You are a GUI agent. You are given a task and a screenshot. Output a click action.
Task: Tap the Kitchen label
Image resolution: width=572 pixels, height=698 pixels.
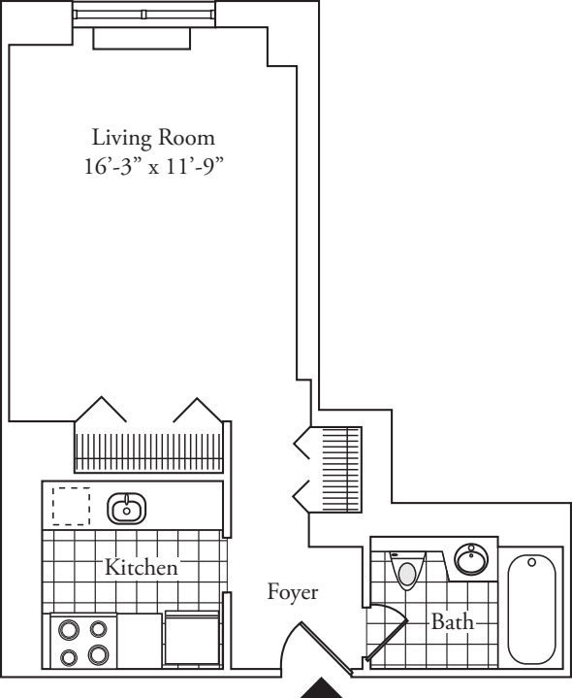(142, 568)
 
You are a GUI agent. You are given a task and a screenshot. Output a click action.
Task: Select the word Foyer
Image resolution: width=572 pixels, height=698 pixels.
(293, 591)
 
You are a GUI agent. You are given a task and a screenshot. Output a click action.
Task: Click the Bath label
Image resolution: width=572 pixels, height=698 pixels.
(453, 621)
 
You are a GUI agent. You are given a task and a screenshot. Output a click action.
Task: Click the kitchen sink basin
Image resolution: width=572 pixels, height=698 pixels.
(127, 507)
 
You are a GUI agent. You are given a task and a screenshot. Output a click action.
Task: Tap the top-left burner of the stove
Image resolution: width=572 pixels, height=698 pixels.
(69, 628)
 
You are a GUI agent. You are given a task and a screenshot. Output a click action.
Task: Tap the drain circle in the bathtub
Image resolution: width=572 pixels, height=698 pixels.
(531, 562)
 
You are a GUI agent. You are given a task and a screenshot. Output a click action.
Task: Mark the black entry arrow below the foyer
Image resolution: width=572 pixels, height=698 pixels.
(327, 690)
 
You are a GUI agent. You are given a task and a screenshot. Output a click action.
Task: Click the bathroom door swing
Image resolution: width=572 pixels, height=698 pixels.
(386, 627)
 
